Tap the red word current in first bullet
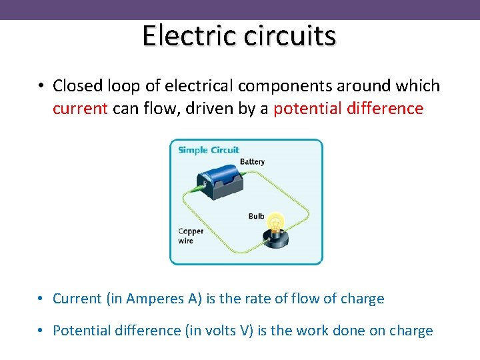tap(80, 109)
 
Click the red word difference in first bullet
tap(386, 109)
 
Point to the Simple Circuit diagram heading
tap(209, 150)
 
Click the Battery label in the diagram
tap(252, 161)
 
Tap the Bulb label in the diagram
tap(256, 216)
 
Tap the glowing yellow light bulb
tap(276, 221)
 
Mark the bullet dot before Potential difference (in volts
tap(41, 331)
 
